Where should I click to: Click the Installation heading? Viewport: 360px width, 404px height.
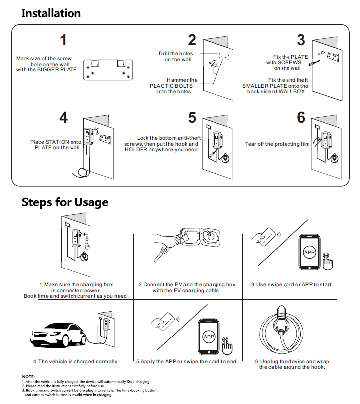(x=51, y=13)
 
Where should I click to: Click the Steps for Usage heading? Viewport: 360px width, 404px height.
(x=65, y=202)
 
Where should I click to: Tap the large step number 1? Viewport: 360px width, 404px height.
(x=63, y=40)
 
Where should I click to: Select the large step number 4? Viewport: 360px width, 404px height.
(x=63, y=118)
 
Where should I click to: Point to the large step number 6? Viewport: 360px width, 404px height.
(x=301, y=118)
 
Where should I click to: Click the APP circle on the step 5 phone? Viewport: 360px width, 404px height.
(x=209, y=337)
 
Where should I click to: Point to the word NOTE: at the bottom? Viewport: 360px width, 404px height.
(x=28, y=377)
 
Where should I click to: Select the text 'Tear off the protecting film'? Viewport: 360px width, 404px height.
(x=277, y=144)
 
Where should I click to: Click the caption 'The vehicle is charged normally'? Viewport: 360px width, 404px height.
(x=76, y=361)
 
